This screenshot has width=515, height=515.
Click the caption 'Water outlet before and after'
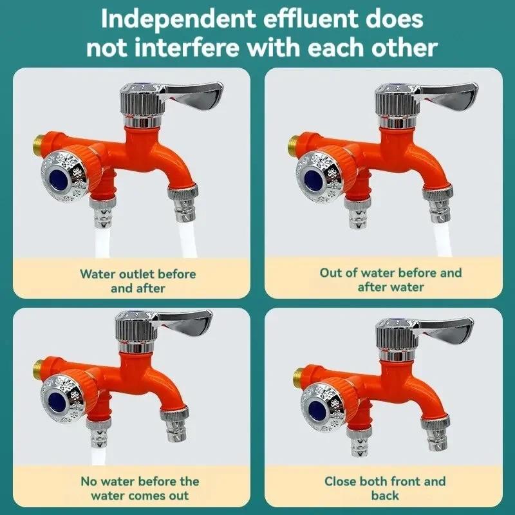[138, 281]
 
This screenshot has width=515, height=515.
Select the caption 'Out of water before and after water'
[391, 279]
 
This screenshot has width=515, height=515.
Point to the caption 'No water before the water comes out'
[140, 489]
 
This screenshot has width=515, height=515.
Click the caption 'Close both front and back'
[385, 489]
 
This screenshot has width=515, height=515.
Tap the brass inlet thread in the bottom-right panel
[297, 374]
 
